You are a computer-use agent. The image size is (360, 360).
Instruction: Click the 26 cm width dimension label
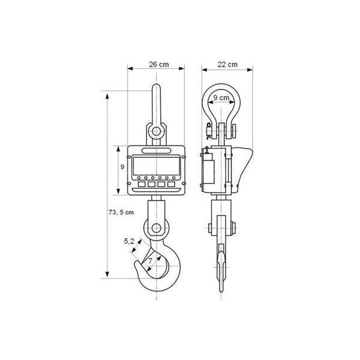158,65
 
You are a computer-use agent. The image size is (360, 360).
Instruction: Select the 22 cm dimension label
227,65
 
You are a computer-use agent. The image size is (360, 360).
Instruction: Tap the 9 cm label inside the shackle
221,98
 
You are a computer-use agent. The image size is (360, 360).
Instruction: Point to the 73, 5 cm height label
121,212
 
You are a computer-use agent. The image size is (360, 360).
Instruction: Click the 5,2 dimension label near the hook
129,241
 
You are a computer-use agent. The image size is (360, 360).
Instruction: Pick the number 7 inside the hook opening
150,261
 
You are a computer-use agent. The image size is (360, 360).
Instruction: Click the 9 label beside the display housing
122,167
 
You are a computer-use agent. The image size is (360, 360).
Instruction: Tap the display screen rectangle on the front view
157,166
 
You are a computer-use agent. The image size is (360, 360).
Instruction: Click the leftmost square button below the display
142,184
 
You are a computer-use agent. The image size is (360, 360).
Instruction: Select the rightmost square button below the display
171,184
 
